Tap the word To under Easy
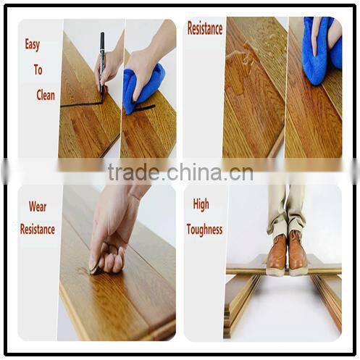click(x=38, y=70)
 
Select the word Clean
click(x=45, y=95)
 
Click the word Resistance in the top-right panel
click(x=204, y=29)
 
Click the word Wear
click(x=37, y=206)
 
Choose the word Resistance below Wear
click(x=37, y=230)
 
